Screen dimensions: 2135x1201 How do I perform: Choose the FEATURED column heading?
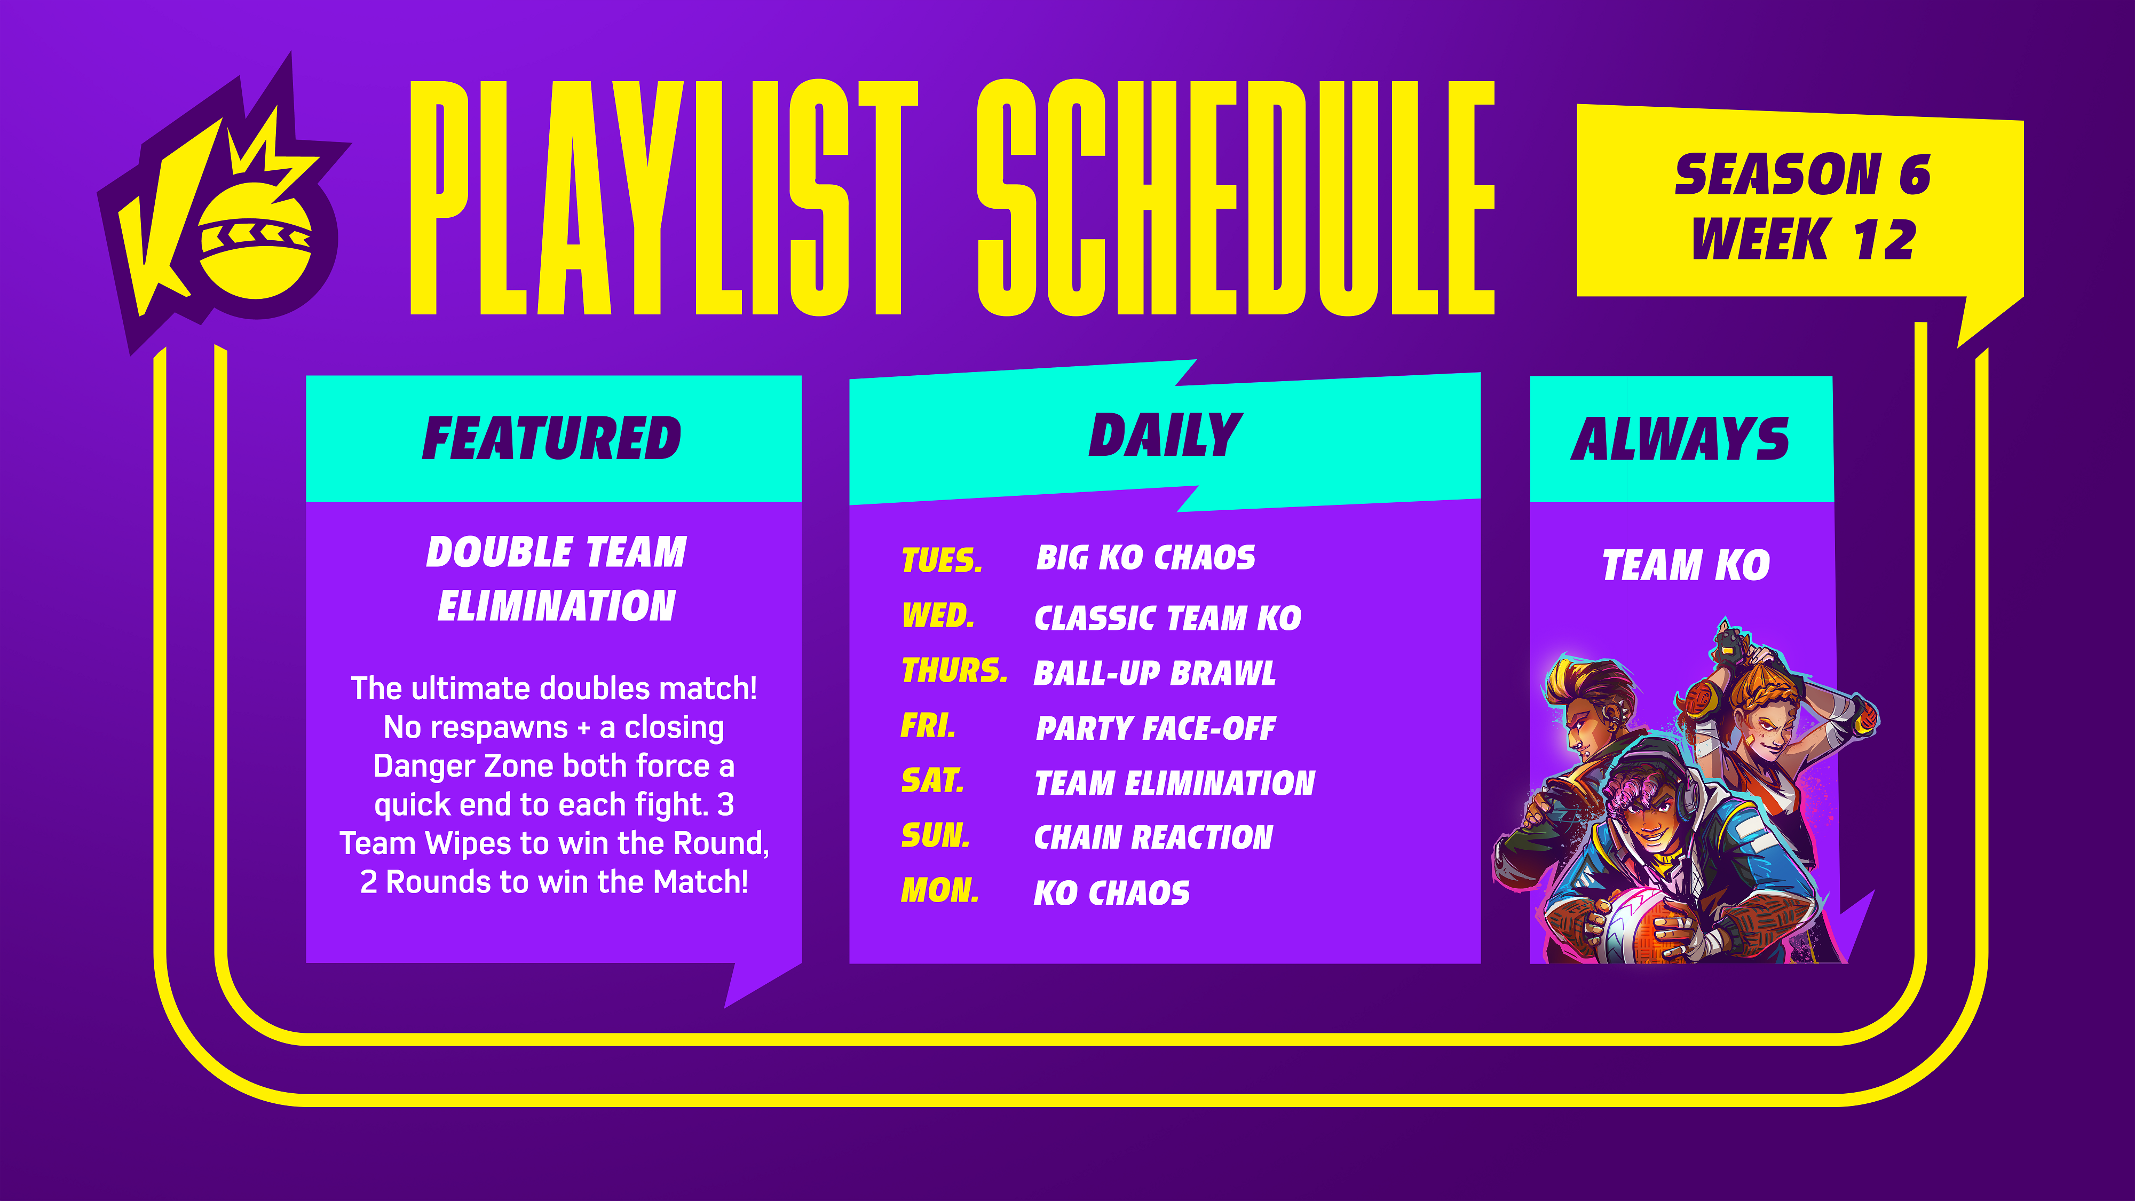[x=552, y=438]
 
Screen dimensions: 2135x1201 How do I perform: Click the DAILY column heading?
[x=1165, y=434]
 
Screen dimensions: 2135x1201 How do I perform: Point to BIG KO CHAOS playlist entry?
[x=1145, y=558]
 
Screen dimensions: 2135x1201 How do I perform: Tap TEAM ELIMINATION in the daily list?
[x=1174, y=783]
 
